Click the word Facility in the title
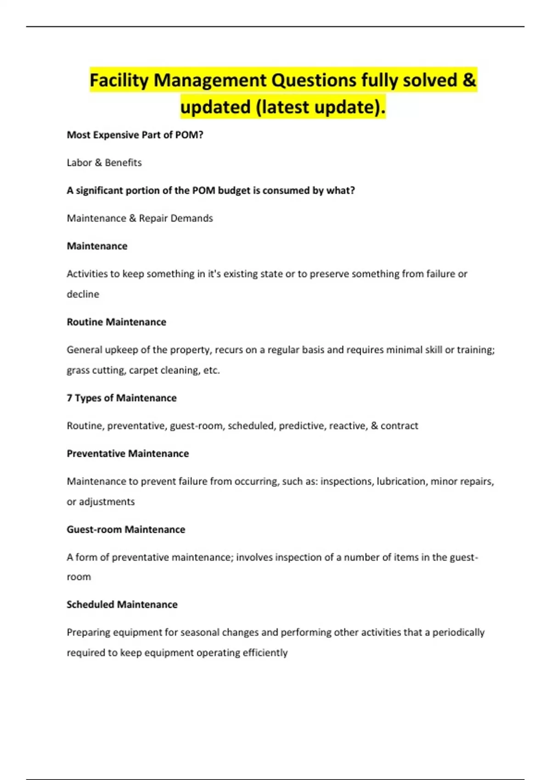coord(119,80)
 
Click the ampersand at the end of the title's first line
coord(469,80)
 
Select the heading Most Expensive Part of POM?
coord(135,135)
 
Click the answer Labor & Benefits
coord(104,162)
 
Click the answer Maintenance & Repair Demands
coord(140,218)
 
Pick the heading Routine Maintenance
coord(117,322)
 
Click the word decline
coord(83,294)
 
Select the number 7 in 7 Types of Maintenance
coord(70,398)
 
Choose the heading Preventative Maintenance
coord(128,453)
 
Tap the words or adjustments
coord(101,501)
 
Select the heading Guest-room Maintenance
coord(126,529)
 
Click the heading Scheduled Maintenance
coord(122,604)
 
